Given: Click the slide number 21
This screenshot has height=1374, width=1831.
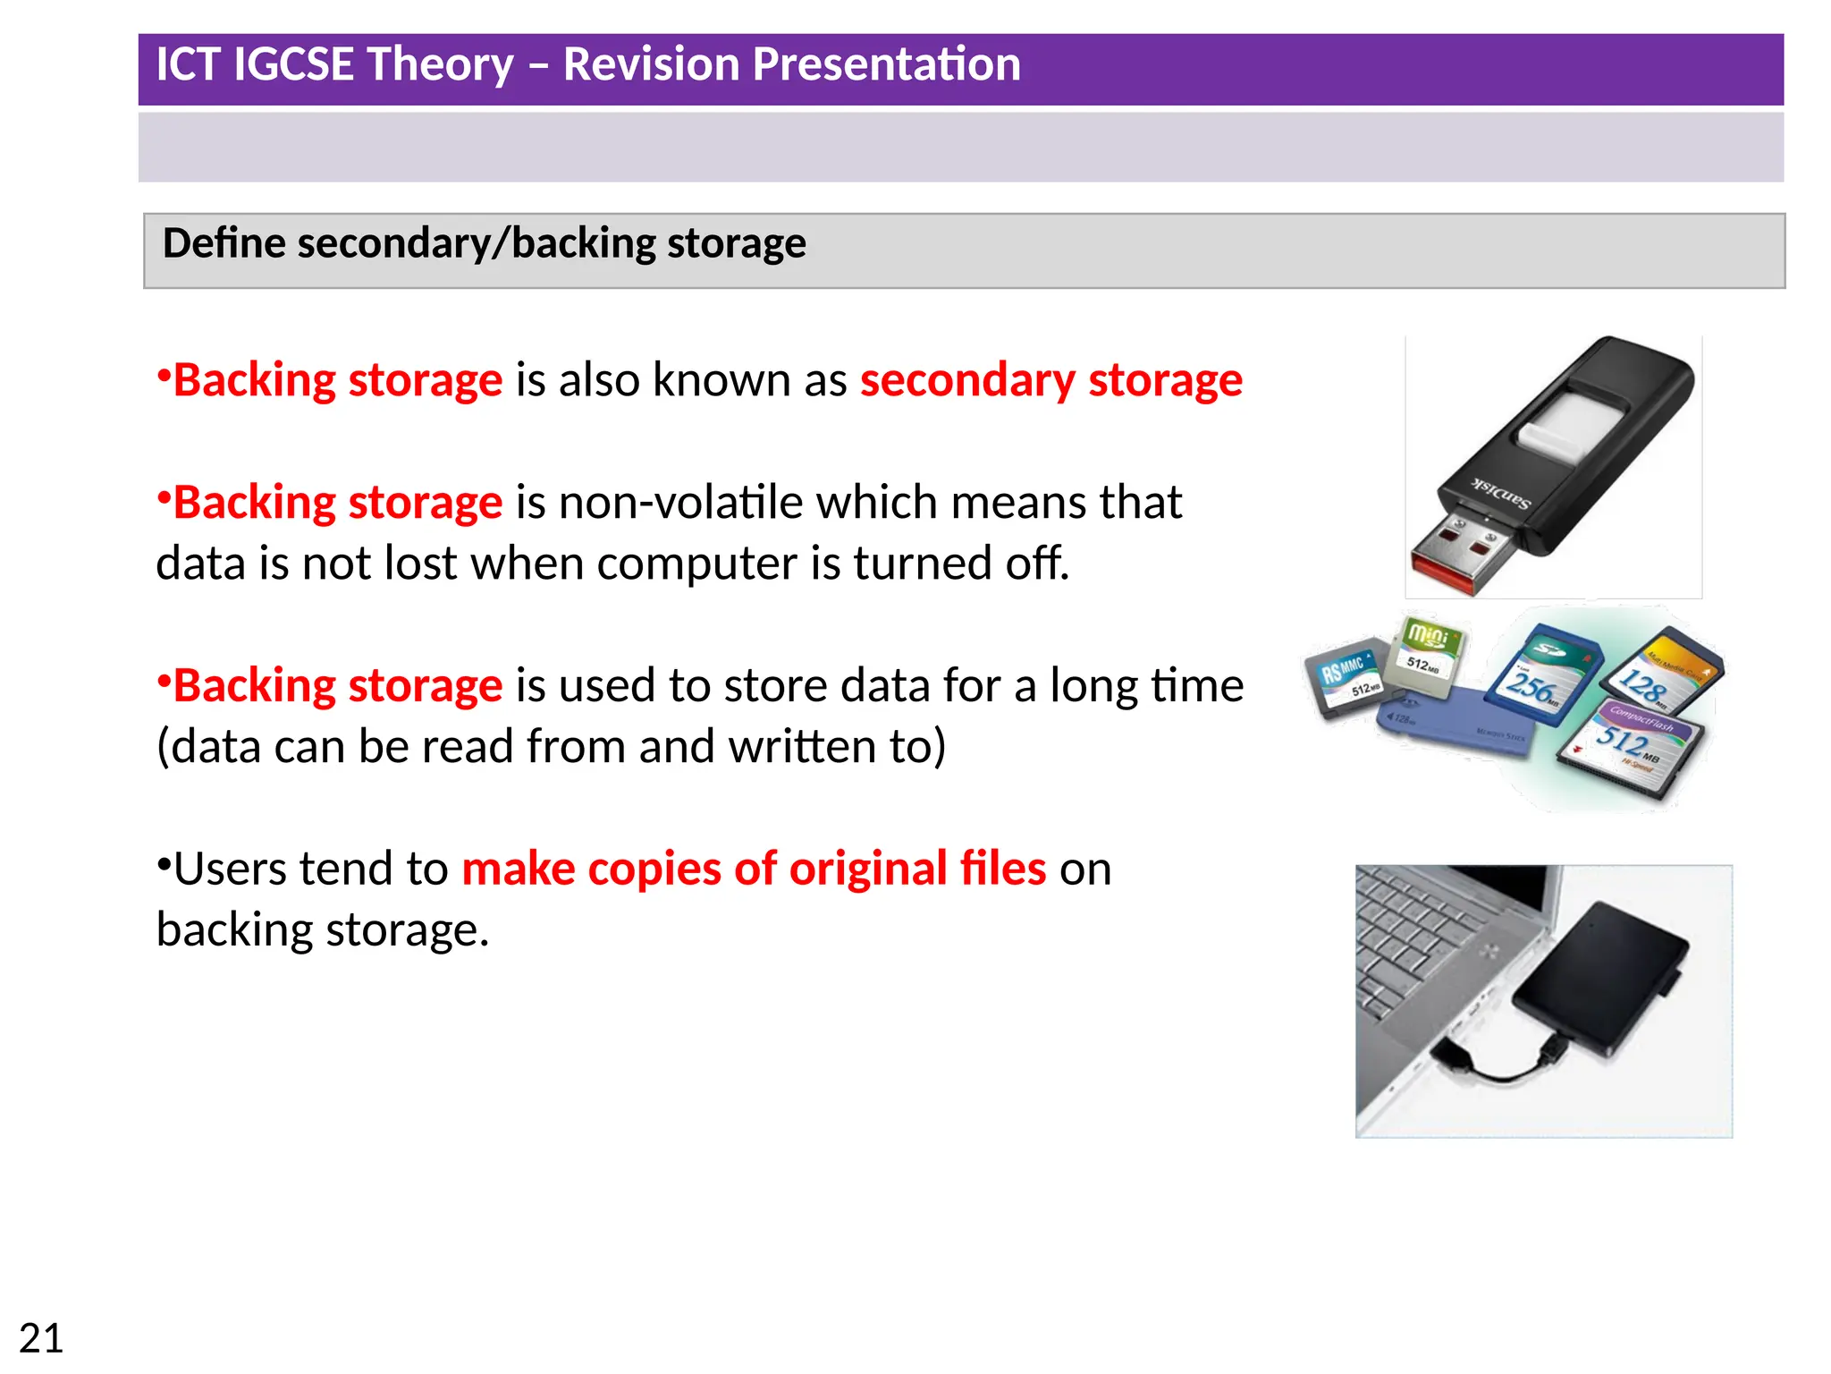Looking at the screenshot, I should (x=41, y=1338).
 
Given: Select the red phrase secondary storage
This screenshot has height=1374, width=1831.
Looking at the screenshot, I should (x=1051, y=380).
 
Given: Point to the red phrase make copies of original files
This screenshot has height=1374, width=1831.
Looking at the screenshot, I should (x=753, y=869).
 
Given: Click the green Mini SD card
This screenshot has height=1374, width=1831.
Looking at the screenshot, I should (x=1428, y=654).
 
